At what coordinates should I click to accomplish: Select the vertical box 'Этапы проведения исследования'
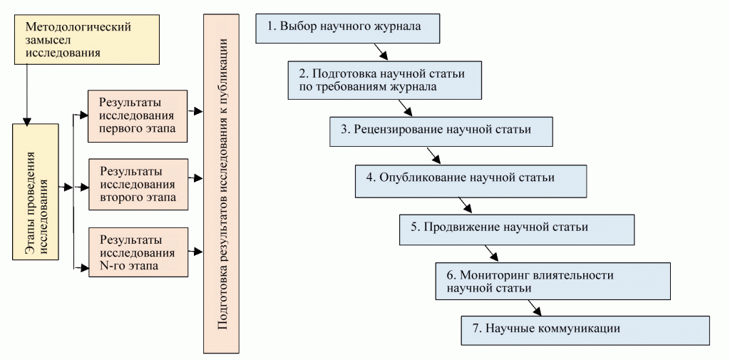(x=38, y=188)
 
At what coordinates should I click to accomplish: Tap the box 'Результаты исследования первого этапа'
(x=137, y=115)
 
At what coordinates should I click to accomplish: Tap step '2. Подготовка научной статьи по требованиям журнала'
(x=386, y=80)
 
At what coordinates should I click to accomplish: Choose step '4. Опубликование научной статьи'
(x=471, y=180)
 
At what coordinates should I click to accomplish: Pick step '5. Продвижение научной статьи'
(x=516, y=229)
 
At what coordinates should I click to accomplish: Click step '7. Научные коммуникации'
(x=585, y=329)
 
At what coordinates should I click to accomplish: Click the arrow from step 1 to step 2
(x=380, y=52)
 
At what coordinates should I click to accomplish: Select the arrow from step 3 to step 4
(x=432, y=155)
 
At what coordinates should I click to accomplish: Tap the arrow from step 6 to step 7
(x=535, y=307)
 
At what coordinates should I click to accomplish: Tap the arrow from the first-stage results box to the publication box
(x=195, y=112)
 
